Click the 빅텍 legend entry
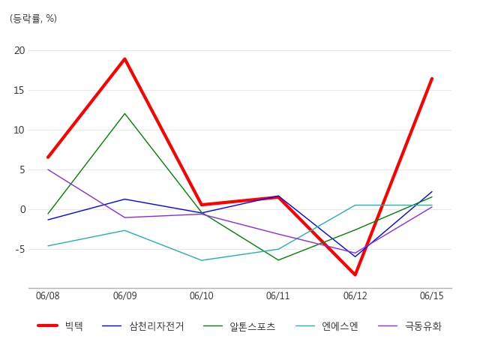[60, 326]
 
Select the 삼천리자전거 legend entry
[143, 326]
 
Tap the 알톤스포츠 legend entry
[239, 326]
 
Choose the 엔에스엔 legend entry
[327, 326]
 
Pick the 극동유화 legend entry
[410, 326]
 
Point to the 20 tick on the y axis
[19, 50]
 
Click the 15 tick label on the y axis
[19, 90]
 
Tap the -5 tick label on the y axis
[20, 250]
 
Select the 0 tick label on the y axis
[22, 210]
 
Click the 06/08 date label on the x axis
[48, 295]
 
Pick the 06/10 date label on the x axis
[202, 295]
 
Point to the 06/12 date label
[355, 295]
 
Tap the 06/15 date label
[432, 295]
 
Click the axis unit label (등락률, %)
[33, 19]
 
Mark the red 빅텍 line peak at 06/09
[125, 58]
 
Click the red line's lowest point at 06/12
[355, 274]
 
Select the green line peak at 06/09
[125, 113]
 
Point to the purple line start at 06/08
[48, 169]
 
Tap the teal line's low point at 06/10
[202, 260]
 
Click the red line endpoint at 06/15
[432, 79]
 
